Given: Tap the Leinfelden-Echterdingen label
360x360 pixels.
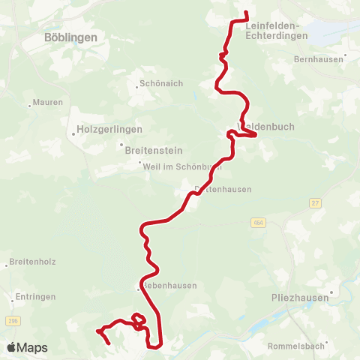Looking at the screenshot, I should click(276, 30).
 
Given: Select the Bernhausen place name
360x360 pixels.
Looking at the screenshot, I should click(319, 58).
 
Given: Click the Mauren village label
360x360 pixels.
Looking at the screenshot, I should click(48, 102).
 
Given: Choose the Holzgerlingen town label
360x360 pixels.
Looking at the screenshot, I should click(110, 130).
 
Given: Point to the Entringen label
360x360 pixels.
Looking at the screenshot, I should click(34, 298).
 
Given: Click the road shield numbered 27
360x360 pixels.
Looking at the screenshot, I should click(316, 203).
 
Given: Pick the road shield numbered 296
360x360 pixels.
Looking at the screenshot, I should click(11, 321).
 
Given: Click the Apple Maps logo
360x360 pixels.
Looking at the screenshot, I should click(27, 347).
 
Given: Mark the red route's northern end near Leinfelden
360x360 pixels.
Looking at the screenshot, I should click(247, 12).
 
